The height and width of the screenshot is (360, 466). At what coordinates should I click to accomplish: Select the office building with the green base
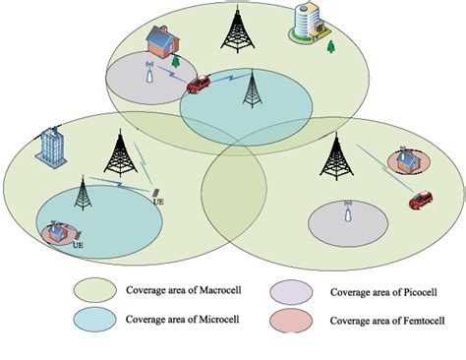point(305,25)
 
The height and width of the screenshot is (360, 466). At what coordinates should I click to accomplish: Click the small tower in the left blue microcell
point(83,197)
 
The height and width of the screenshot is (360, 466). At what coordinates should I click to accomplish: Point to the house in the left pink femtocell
point(58,231)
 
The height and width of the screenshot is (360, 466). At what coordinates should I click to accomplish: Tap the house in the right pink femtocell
point(404,159)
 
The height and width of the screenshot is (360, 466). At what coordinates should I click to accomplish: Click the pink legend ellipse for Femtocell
point(294,319)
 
